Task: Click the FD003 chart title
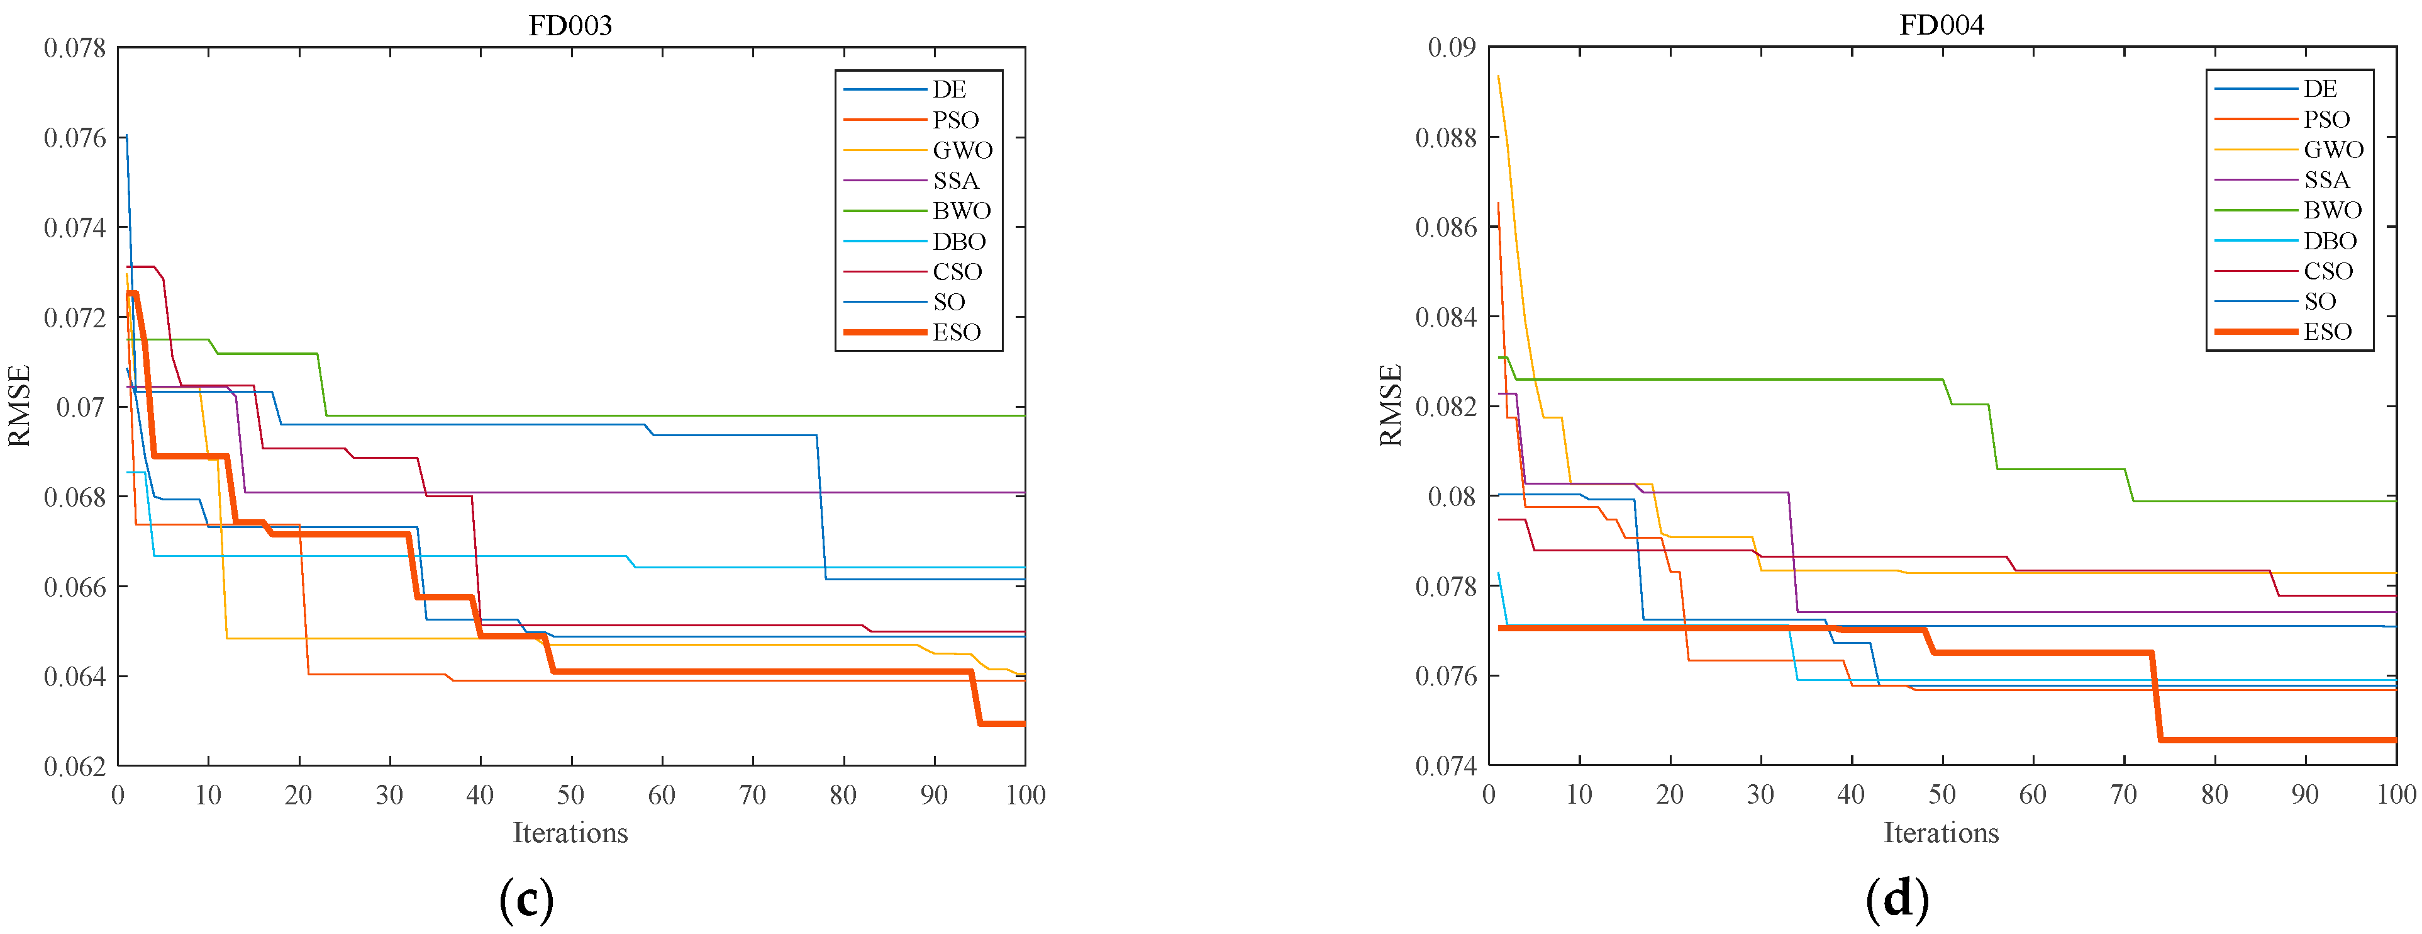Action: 570,25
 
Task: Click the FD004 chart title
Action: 1941,25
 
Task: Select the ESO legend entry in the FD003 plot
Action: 956,332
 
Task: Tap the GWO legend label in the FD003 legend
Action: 962,150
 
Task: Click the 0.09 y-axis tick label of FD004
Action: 1451,47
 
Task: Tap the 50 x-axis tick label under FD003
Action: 570,796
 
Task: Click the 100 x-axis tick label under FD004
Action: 2396,795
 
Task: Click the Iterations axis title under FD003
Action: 570,833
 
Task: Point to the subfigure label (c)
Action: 526,899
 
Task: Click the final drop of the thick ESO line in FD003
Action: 975,698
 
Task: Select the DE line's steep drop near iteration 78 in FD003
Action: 821,508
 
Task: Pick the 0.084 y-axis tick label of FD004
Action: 1445,317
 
